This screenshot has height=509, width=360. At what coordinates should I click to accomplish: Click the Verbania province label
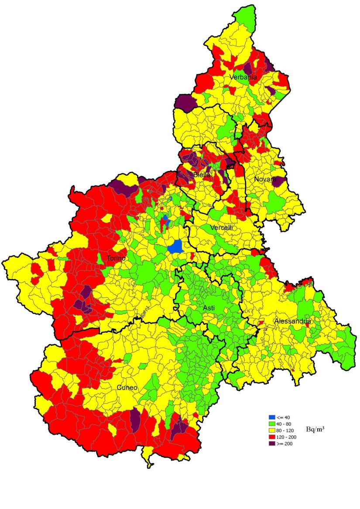pos(243,77)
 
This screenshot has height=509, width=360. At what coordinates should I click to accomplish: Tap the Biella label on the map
pos(202,175)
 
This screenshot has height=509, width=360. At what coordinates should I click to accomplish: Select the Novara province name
pos(266,179)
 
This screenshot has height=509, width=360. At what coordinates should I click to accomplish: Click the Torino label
pos(116,258)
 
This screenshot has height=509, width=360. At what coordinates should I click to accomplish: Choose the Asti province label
pos(209,308)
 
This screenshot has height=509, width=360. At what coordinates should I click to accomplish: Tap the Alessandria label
pos(292,321)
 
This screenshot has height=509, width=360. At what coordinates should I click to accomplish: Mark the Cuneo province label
pos(127,387)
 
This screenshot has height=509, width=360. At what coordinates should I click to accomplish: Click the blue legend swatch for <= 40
pos(272,417)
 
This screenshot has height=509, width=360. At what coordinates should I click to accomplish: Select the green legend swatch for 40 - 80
pos(272,424)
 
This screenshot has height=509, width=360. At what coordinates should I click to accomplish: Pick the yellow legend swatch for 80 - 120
pos(272,430)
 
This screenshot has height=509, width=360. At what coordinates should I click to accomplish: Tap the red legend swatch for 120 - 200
pos(272,437)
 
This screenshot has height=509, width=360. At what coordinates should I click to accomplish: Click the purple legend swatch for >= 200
pos(272,444)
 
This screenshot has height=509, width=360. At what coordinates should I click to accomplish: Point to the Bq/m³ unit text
pos(315,430)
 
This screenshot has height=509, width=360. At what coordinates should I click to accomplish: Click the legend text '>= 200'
pos(285,444)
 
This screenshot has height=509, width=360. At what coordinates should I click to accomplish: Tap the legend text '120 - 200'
pos(287,437)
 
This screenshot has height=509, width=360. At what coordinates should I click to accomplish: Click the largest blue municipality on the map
pos(175,246)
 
